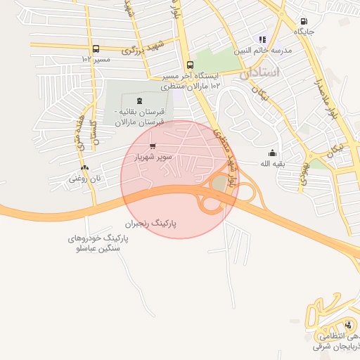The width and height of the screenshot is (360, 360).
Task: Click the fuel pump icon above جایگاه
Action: [304, 21]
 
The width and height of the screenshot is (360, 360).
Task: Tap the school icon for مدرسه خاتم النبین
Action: [262, 40]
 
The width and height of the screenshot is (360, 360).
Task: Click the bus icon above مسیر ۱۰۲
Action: [96, 49]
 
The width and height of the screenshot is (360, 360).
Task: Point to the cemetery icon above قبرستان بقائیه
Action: [139, 101]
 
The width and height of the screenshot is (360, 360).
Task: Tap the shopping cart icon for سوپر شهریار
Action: [153, 146]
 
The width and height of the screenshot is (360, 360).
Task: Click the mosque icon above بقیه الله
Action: [272, 153]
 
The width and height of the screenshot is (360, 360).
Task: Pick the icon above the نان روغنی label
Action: [85, 168]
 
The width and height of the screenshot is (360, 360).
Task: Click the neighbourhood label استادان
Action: [259, 72]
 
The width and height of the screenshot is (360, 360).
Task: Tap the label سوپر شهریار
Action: [153, 157]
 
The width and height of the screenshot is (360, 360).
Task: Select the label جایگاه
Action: [304, 32]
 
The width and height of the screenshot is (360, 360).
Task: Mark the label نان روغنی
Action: [85, 179]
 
